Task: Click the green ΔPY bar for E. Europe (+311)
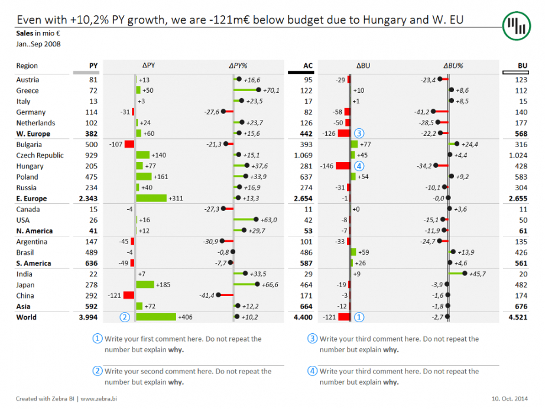(151, 199)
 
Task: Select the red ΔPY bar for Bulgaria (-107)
(129, 145)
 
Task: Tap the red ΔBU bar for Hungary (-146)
(343, 166)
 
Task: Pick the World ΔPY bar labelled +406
(156, 317)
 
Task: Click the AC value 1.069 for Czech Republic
(303, 155)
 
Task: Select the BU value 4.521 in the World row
(517, 317)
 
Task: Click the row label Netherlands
(35, 123)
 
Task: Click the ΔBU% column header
(453, 66)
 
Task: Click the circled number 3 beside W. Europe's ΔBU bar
(359, 134)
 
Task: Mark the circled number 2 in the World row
(125, 317)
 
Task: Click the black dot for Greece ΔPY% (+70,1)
(259, 90)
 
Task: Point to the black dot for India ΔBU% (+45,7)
(465, 274)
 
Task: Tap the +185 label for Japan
(163, 285)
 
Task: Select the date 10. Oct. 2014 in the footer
(509, 398)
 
